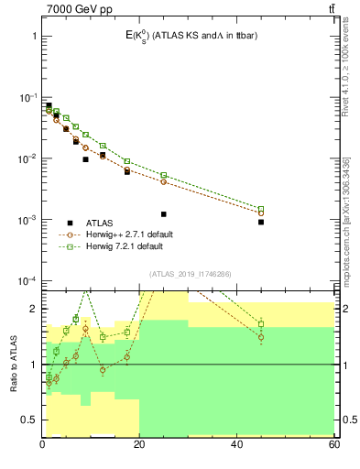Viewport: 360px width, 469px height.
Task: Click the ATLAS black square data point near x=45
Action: coord(261,222)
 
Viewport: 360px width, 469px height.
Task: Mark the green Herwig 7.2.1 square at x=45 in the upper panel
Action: coord(261,209)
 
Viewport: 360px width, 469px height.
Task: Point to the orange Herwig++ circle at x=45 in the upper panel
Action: coord(261,213)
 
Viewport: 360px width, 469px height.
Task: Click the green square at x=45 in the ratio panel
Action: coord(261,324)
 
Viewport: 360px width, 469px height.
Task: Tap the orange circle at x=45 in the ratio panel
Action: coord(261,337)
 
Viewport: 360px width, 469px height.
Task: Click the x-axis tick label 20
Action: coord(139,445)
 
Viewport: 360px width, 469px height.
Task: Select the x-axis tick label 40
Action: coord(236,445)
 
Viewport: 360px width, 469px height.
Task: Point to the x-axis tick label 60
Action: coord(333,445)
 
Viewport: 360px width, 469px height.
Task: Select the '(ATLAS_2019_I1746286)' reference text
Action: coord(190,273)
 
